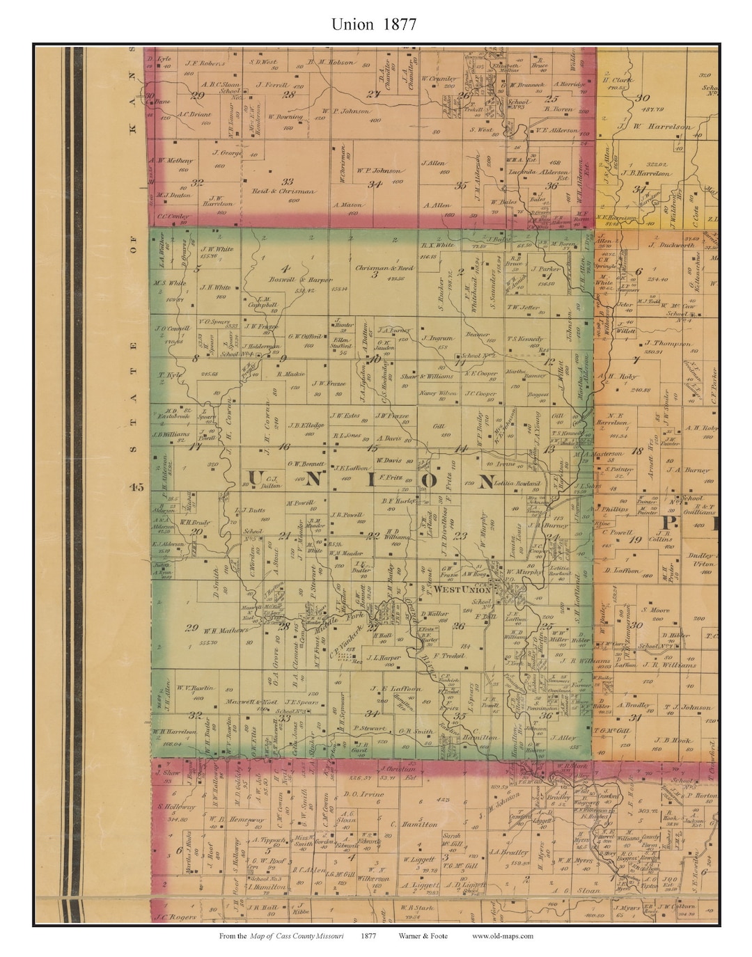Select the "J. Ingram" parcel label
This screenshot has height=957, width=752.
coord(437,338)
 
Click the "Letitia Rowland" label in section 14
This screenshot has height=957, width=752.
coord(517,483)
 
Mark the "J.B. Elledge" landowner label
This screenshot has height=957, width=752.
coord(306,426)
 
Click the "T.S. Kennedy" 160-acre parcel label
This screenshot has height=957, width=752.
coord(526,339)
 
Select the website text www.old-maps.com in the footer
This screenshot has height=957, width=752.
coord(502,936)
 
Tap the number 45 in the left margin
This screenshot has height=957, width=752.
coord(135,487)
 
